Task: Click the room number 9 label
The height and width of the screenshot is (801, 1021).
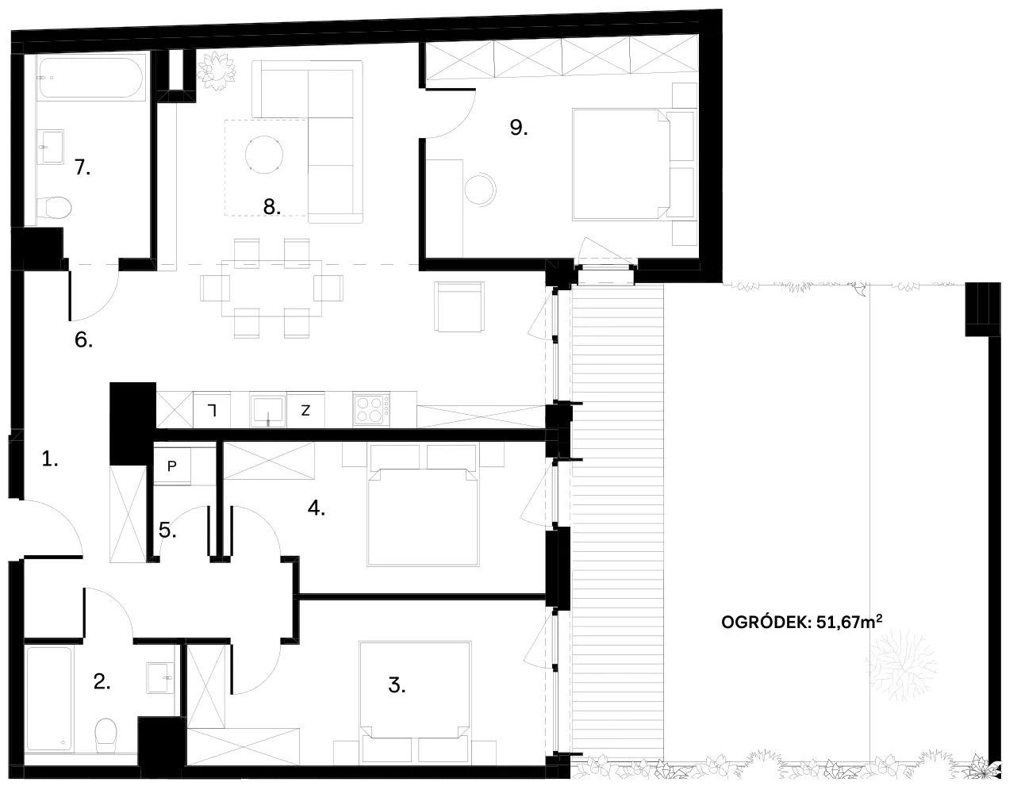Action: tap(518, 127)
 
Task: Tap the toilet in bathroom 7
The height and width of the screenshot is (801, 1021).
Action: tap(54, 208)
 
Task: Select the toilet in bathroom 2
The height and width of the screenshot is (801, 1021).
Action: tap(106, 735)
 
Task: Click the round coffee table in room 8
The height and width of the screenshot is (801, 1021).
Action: tap(264, 155)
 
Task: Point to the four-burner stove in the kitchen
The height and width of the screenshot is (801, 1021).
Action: tap(371, 410)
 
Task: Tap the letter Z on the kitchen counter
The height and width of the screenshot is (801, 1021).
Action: tap(305, 411)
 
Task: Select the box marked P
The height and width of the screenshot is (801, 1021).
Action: tap(172, 466)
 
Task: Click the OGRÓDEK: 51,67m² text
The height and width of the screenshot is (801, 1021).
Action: tap(801, 622)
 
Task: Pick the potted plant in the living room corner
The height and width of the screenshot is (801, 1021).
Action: tap(216, 71)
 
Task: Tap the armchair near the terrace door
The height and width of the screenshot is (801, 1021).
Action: tap(459, 307)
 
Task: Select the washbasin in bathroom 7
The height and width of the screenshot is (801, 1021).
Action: tap(50, 147)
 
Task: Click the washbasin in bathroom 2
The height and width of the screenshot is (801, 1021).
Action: tap(160, 677)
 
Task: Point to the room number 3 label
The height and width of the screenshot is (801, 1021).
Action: tap(397, 685)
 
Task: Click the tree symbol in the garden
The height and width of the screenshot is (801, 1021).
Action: tap(900, 666)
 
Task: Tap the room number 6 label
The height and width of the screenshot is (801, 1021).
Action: tap(83, 340)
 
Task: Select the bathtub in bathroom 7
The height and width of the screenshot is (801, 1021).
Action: tap(90, 78)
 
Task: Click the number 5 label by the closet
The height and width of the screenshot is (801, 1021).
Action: tap(167, 530)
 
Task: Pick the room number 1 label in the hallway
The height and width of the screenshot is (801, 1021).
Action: tap(50, 458)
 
